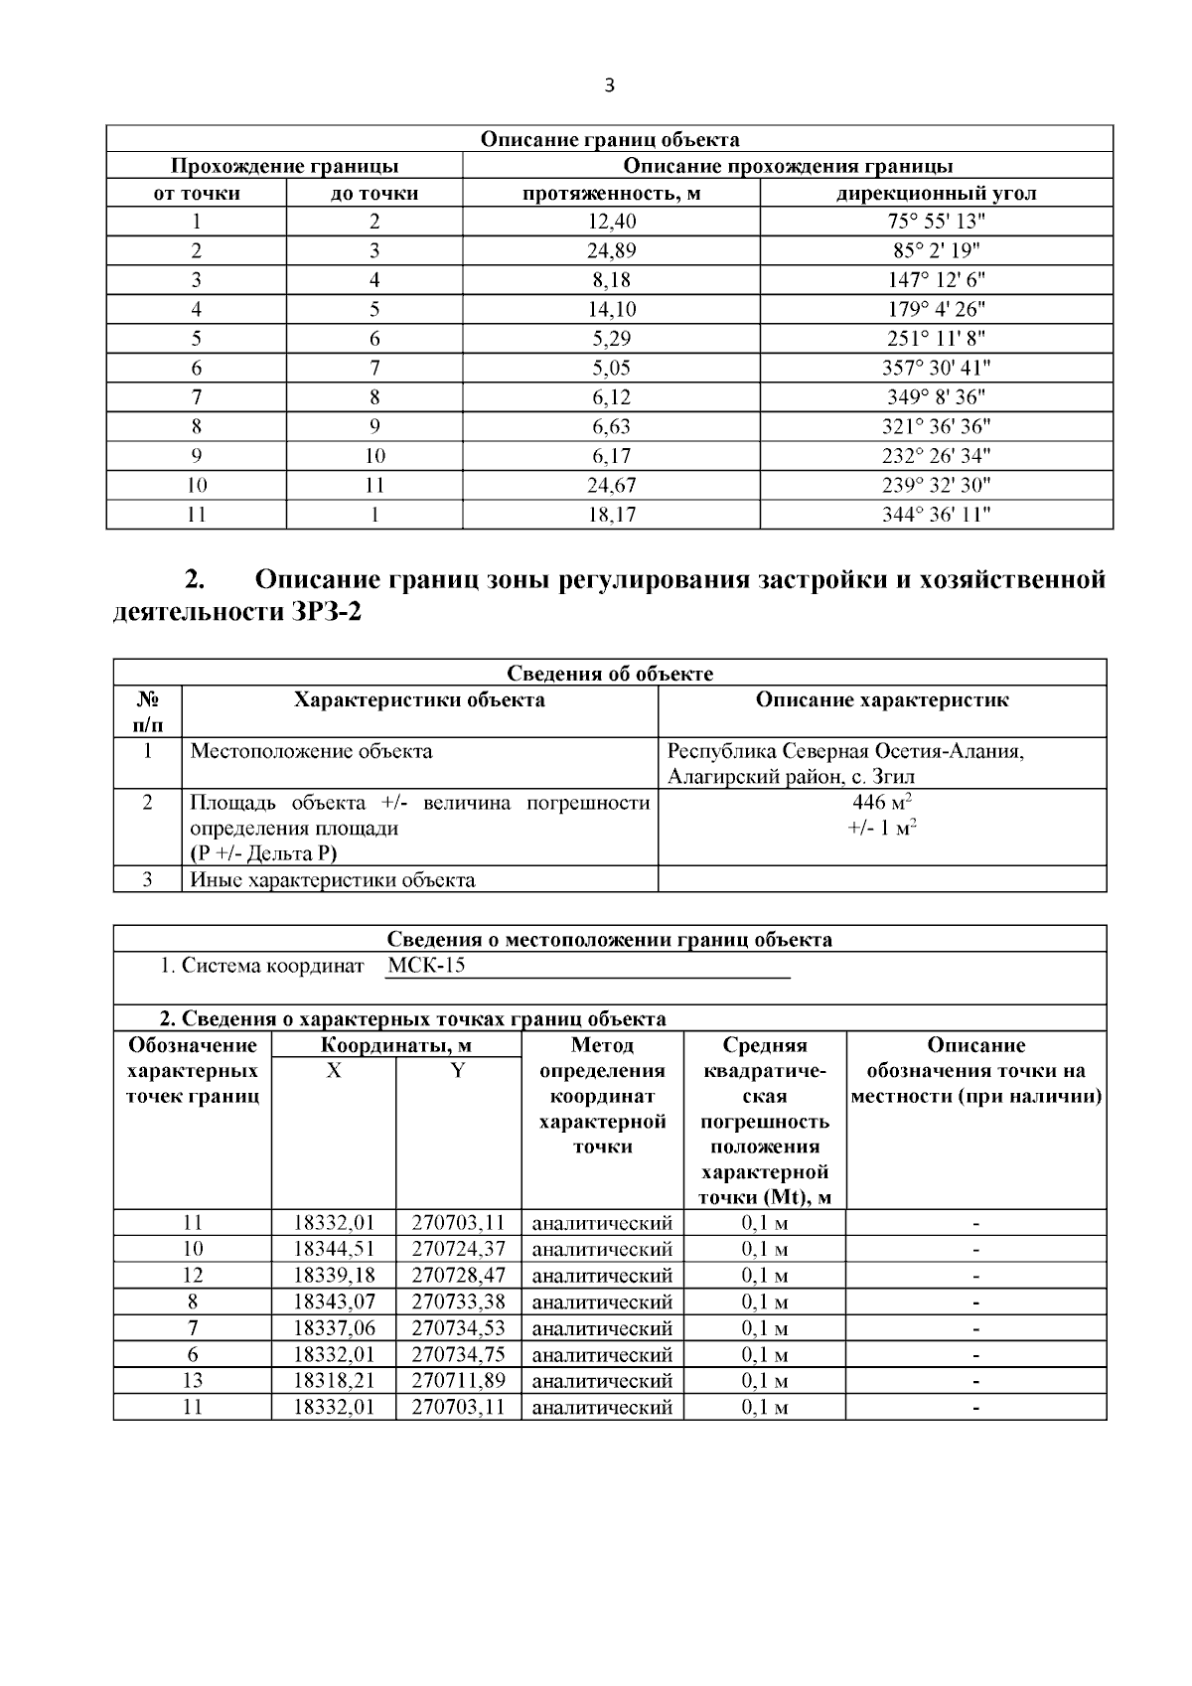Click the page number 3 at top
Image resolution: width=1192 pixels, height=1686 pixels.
click(x=609, y=86)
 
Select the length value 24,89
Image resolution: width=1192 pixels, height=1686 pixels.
click(x=612, y=250)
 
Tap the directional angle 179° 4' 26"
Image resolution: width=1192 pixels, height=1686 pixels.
click(x=936, y=309)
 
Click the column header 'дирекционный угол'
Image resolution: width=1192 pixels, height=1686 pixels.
click(x=936, y=194)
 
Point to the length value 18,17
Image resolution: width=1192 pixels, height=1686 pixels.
click(x=612, y=515)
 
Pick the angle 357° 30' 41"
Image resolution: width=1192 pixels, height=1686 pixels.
click(x=936, y=368)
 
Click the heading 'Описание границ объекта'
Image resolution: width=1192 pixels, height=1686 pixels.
click(x=609, y=139)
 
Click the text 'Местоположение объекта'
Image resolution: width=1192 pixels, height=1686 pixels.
click(x=311, y=751)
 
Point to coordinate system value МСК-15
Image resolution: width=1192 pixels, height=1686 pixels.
click(x=425, y=966)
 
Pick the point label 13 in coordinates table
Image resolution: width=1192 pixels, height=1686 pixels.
click(x=193, y=1381)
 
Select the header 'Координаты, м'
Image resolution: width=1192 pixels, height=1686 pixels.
click(x=396, y=1045)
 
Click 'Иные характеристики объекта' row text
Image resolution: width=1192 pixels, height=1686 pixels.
click(x=332, y=879)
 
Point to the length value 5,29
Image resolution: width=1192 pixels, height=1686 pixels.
click(x=612, y=339)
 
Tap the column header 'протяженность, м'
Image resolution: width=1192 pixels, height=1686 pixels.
click(x=612, y=194)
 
